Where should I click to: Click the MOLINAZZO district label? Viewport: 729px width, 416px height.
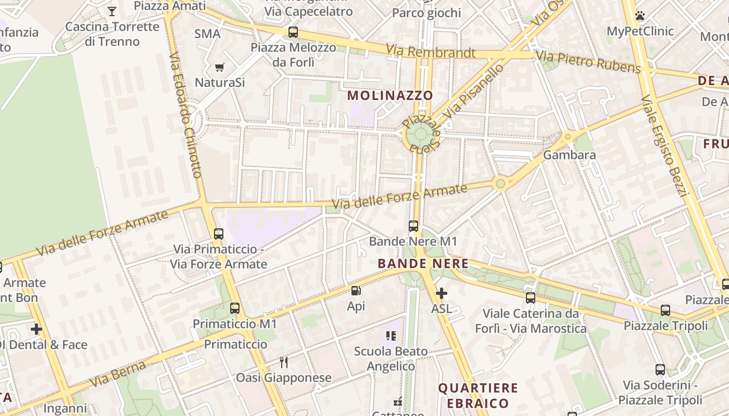[390, 95]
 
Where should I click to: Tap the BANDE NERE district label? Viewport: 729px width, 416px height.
[423, 264]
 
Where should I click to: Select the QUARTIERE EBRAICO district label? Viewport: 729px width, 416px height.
[478, 395]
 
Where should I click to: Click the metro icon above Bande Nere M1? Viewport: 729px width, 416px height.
[413, 226]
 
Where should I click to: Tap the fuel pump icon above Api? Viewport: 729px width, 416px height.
[356, 291]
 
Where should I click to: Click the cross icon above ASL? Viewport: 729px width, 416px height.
[441, 293]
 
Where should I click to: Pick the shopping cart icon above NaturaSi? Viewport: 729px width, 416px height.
[220, 67]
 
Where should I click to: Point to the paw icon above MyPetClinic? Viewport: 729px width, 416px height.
[640, 16]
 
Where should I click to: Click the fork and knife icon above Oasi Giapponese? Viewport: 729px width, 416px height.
[284, 362]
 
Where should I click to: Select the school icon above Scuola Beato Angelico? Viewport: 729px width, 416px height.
[391, 336]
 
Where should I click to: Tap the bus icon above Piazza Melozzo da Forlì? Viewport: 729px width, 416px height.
[293, 32]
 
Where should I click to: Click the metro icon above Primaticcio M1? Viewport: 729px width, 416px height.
[235, 308]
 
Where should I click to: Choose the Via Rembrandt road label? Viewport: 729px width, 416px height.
[430, 52]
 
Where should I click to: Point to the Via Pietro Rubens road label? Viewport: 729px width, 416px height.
[588, 61]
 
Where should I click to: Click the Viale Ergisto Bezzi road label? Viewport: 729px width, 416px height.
[665, 146]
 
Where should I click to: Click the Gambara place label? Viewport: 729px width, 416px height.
[569, 155]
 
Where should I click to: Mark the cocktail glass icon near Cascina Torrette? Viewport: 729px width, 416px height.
[112, 11]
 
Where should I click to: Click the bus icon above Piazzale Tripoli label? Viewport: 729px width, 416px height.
[665, 310]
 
